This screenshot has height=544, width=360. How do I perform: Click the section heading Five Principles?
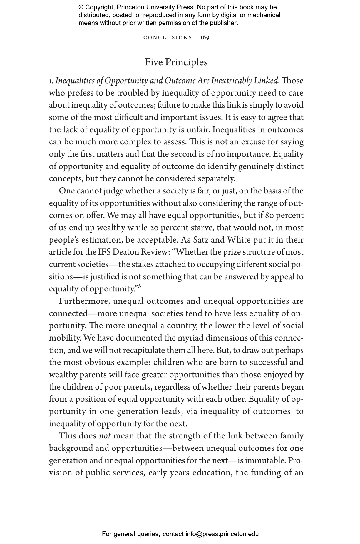pos(176,62)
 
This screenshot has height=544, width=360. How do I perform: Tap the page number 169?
pos(205,38)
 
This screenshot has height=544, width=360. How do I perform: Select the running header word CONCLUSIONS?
pos(168,38)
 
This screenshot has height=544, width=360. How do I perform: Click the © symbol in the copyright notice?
pos(81,7)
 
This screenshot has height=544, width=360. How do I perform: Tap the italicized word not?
pos(105,436)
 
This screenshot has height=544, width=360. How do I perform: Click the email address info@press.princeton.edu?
pos(222,534)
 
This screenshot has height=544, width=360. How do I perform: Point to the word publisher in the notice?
pos(223,23)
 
